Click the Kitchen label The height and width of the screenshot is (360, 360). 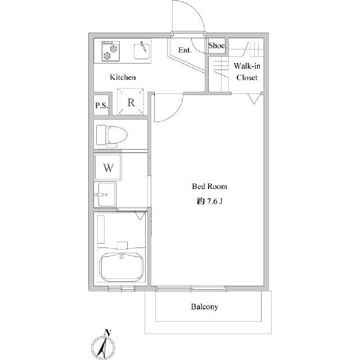pos(123,78)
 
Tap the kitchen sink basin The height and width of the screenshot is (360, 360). pos(142,51)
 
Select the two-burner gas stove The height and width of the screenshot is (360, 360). pos(111,51)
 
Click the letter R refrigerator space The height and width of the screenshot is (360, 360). pos(131,102)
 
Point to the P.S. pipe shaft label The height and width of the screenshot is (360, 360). pos(102,105)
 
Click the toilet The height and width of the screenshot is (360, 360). pos(112,136)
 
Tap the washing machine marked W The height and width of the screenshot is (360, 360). pos(108,167)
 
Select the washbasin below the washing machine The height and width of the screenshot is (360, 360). pos(105,195)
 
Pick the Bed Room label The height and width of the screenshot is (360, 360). pos(210,186)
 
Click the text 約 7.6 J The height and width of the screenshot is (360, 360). pos(210,201)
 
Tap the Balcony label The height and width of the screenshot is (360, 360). pos(205,307)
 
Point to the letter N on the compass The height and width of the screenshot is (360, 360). pos(107,332)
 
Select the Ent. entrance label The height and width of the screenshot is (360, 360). pos(185,50)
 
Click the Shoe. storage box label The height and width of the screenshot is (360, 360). pos(217,46)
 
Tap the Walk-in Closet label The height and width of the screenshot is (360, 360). pos(247,71)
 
